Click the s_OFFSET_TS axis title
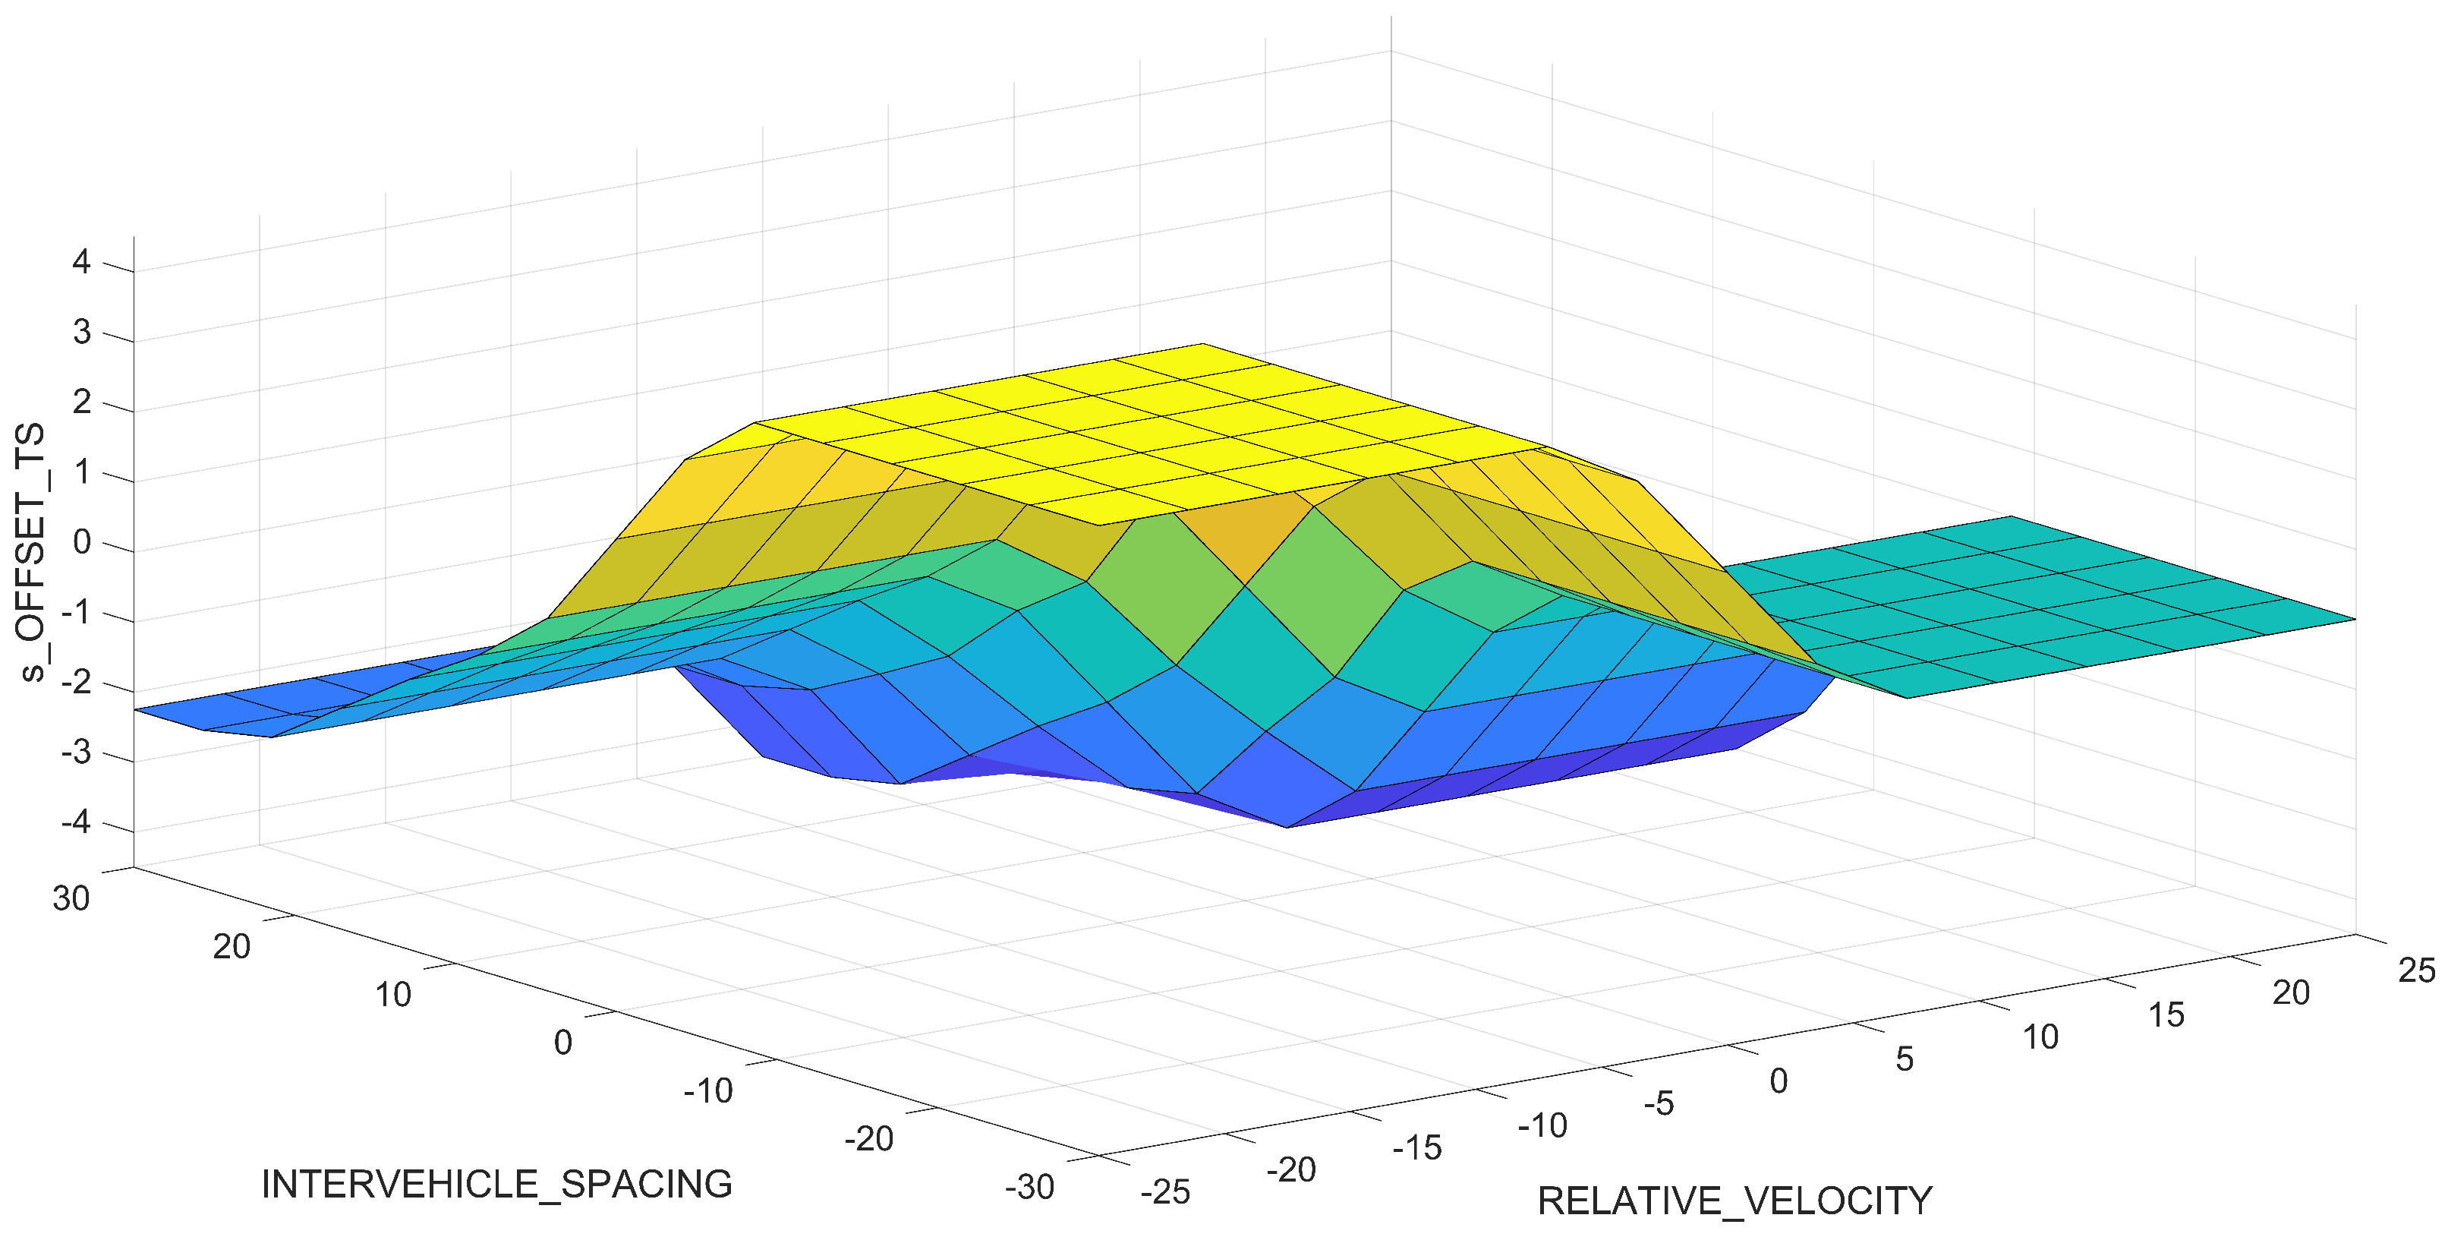point(33,552)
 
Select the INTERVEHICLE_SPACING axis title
point(496,1185)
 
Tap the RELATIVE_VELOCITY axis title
point(1734,1201)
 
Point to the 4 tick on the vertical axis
point(82,261)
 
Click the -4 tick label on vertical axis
point(75,822)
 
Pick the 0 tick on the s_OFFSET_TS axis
point(82,542)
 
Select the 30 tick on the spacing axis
point(71,898)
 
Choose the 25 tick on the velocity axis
point(2415,970)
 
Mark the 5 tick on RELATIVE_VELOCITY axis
point(1905,1059)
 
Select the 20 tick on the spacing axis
point(231,947)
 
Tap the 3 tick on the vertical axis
point(82,332)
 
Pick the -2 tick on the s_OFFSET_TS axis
point(75,682)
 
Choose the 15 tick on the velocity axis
point(2166,1015)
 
